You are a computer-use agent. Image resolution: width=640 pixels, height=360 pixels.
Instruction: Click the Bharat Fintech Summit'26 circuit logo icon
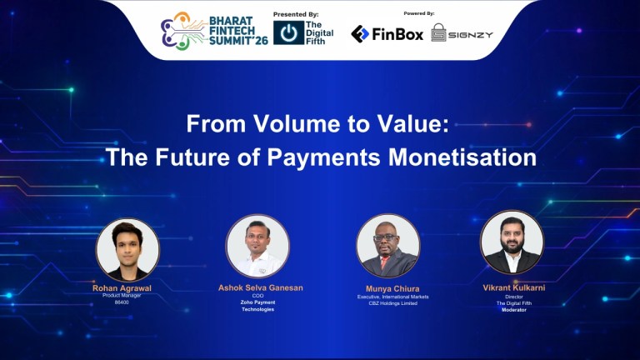[x=179, y=31]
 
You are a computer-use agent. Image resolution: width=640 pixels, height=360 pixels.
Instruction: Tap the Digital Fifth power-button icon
[x=288, y=33]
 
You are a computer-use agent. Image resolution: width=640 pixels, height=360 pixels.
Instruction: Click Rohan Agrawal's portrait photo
[x=127, y=249]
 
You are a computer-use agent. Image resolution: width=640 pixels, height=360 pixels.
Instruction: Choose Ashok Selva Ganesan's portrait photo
[x=257, y=246]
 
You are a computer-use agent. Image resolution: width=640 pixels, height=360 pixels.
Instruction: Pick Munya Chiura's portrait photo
[x=387, y=246]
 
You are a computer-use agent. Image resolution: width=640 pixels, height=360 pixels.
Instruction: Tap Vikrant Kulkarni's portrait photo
[x=512, y=242]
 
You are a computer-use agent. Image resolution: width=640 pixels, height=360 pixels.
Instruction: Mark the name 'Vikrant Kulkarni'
[x=514, y=287]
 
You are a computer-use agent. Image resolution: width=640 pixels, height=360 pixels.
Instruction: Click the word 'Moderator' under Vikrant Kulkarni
[x=514, y=310]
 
